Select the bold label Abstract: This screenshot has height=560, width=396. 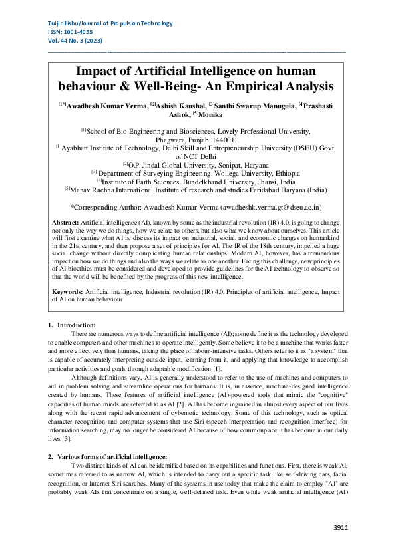(65, 221)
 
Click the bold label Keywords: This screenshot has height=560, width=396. (67, 292)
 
